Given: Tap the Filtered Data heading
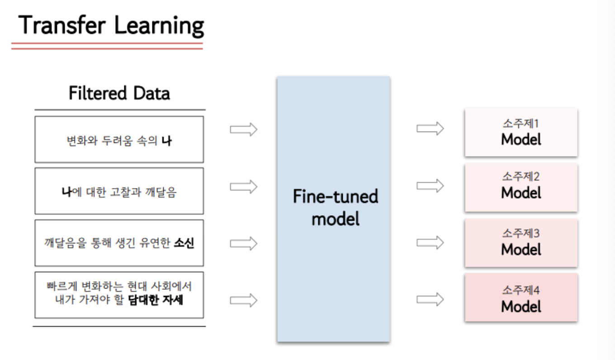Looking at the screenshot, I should pyautogui.click(x=119, y=94).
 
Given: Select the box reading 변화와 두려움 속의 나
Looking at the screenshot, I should pyautogui.click(x=119, y=140).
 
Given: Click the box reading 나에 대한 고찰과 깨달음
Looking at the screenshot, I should pyautogui.click(x=119, y=191).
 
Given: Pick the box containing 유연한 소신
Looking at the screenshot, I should pyautogui.click(x=119, y=243).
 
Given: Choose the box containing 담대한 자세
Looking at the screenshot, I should pyautogui.click(x=119, y=294).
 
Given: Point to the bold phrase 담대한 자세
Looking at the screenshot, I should pyautogui.click(x=156, y=300).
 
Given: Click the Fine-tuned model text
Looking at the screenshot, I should pyautogui.click(x=335, y=208).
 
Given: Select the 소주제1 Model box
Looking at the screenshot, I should pyautogui.click(x=521, y=133).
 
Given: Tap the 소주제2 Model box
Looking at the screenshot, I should pyautogui.click(x=521, y=187).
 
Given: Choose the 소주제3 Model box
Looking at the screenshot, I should pyautogui.click(x=521, y=243).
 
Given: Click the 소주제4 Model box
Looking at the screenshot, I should pyautogui.click(x=521, y=298).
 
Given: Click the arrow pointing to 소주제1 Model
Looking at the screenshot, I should pyautogui.click(x=430, y=129).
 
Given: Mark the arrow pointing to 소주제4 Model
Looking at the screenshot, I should pyautogui.click(x=430, y=299).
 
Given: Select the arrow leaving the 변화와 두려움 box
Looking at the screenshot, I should pyautogui.click(x=244, y=130).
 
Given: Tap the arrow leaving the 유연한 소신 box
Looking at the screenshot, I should pyautogui.click(x=244, y=243).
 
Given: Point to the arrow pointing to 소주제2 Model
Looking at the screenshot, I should pyautogui.click(x=430, y=185).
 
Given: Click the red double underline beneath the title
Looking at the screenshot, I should pyautogui.click(x=107, y=46).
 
